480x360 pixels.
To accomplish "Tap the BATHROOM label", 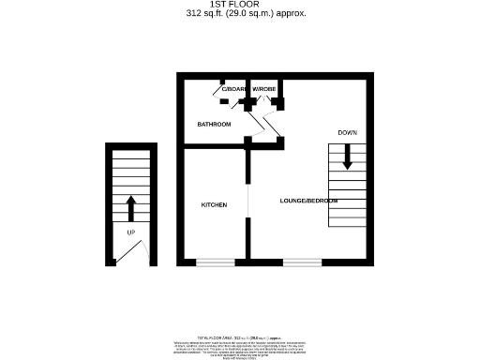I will pos(214,124).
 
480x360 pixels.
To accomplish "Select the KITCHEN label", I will pos(214,204).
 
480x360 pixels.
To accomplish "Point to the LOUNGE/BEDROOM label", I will pos(308,202).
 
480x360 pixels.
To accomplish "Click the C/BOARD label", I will pos(233,89).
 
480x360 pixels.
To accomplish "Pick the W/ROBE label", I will pos(263,89).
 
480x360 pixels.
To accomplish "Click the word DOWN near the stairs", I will pos(348,133).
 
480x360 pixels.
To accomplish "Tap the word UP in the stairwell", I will pos(130,231).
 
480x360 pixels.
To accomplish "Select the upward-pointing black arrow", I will pos(131,206).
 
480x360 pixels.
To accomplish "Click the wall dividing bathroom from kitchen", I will pos(214,146).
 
